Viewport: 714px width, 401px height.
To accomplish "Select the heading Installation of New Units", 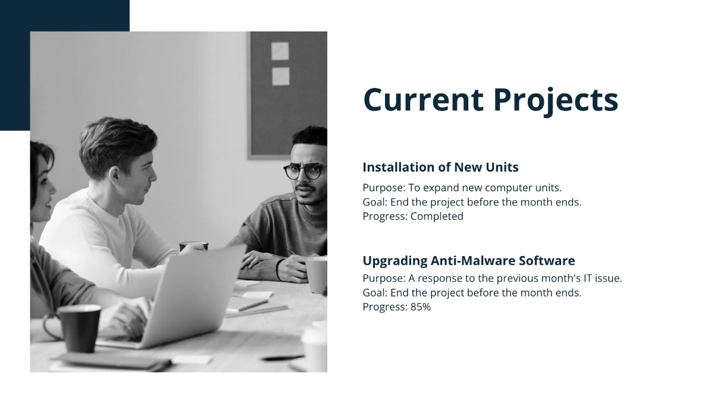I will click(x=440, y=167).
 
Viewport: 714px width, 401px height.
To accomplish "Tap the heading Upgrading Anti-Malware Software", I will click(x=468, y=260).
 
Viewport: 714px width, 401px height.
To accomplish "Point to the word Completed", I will click(x=437, y=216).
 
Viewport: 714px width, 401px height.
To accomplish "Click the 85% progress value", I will click(x=420, y=307).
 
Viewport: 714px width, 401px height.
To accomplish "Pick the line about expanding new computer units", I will click(x=462, y=187).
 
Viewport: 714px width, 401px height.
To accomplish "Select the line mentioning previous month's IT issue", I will click(x=492, y=278).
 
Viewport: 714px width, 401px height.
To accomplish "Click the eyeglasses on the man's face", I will click(x=305, y=171).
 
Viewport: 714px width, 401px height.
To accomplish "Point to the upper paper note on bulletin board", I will click(x=280, y=51).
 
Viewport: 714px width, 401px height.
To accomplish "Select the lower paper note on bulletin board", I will click(x=280, y=76).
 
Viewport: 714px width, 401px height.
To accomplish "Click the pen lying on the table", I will click(x=281, y=358).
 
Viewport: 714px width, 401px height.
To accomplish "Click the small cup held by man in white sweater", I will click(x=193, y=245).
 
